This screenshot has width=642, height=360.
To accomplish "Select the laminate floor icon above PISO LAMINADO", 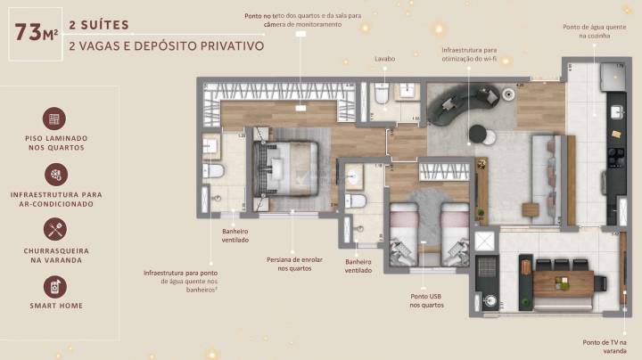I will click(x=55, y=119).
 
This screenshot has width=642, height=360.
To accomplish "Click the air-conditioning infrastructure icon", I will click(x=55, y=174).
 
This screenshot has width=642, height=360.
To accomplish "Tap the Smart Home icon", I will click(x=55, y=286).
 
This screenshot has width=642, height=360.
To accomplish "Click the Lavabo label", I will click(x=384, y=61).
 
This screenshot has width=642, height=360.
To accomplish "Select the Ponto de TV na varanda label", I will click(x=605, y=347).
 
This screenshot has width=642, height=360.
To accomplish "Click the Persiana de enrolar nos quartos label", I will click(x=292, y=264).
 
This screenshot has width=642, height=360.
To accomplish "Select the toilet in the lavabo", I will click(x=381, y=94).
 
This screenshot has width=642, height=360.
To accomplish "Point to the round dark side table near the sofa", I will click(x=480, y=135).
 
